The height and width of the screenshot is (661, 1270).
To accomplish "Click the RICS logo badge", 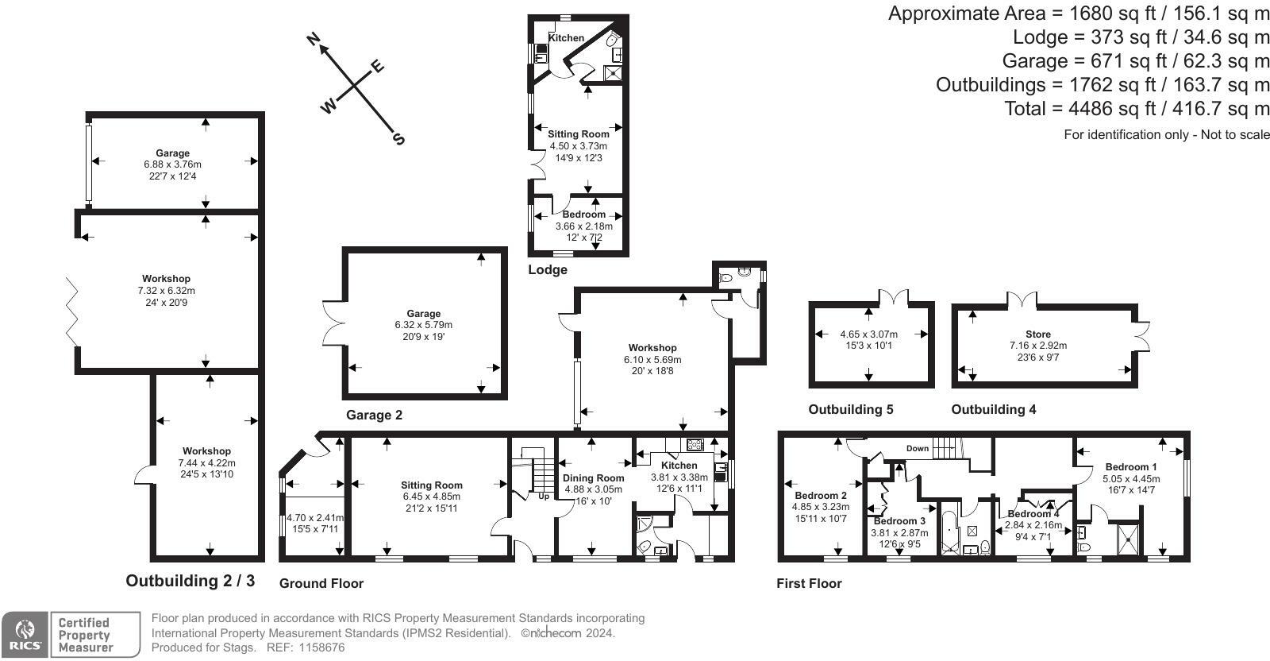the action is pyautogui.click(x=25, y=635).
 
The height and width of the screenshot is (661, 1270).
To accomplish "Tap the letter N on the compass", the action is pyautogui.click(x=314, y=40).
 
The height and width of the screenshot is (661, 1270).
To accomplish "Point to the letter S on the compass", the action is pyautogui.click(x=398, y=140).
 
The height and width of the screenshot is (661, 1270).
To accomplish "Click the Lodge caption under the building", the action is pyautogui.click(x=548, y=269).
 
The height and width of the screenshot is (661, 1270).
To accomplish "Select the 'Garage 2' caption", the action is pyautogui.click(x=374, y=415).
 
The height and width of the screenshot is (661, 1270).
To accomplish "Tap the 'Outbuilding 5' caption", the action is pyautogui.click(x=850, y=409).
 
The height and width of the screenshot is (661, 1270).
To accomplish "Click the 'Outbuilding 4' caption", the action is pyautogui.click(x=994, y=409).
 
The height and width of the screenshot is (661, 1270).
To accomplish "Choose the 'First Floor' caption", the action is pyautogui.click(x=809, y=583).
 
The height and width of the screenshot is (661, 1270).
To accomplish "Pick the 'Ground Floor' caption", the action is pyautogui.click(x=321, y=583).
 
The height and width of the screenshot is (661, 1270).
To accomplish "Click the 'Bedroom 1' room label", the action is pyautogui.click(x=1131, y=467).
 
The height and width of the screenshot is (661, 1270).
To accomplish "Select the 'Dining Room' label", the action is pyautogui.click(x=594, y=477).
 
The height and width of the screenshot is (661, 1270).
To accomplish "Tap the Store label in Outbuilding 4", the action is pyautogui.click(x=1037, y=334).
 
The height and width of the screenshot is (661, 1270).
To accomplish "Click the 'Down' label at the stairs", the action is pyautogui.click(x=918, y=448).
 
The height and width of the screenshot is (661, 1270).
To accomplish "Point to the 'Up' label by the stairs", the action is pyautogui.click(x=544, y=497).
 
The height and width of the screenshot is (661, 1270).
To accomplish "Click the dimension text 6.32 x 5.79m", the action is pyautogui.click(x=424, y=325).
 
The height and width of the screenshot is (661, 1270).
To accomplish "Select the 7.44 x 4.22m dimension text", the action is pyautogui.click(x=206, y=462).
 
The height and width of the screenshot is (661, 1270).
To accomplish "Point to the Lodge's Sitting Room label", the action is pyautogui.click(x=579, y=134).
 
